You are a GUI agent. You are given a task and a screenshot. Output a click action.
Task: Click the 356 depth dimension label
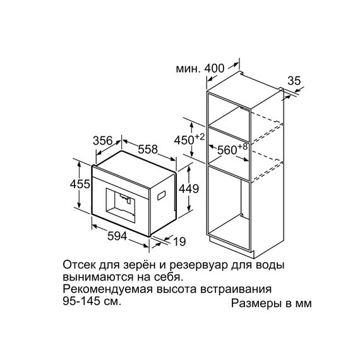point(102,140)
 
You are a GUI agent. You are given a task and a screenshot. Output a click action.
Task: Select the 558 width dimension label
point(148,149)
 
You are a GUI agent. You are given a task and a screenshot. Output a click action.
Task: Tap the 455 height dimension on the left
point(80,184)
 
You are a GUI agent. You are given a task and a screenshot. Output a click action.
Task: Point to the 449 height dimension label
point(189,189)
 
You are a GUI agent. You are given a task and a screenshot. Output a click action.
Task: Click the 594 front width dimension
point(117,236)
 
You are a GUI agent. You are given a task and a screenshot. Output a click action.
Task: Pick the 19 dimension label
point(179,241)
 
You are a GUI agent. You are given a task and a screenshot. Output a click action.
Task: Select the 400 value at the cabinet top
point(214,68)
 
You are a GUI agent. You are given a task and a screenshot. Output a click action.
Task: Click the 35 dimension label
point(294,81)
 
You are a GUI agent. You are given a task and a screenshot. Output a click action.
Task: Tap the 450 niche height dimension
point(189,140)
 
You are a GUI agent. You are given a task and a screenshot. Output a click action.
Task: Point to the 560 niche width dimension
point(232,149)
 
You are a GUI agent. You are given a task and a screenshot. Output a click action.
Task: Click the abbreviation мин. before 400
point(188,69)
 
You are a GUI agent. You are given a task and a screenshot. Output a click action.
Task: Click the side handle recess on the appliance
point(162,195)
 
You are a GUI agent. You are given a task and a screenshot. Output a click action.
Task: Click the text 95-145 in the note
point(81,301)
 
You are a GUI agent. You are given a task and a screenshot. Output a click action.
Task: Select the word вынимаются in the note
point(98,277)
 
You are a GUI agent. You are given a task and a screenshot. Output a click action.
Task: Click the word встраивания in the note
point(236,290)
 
